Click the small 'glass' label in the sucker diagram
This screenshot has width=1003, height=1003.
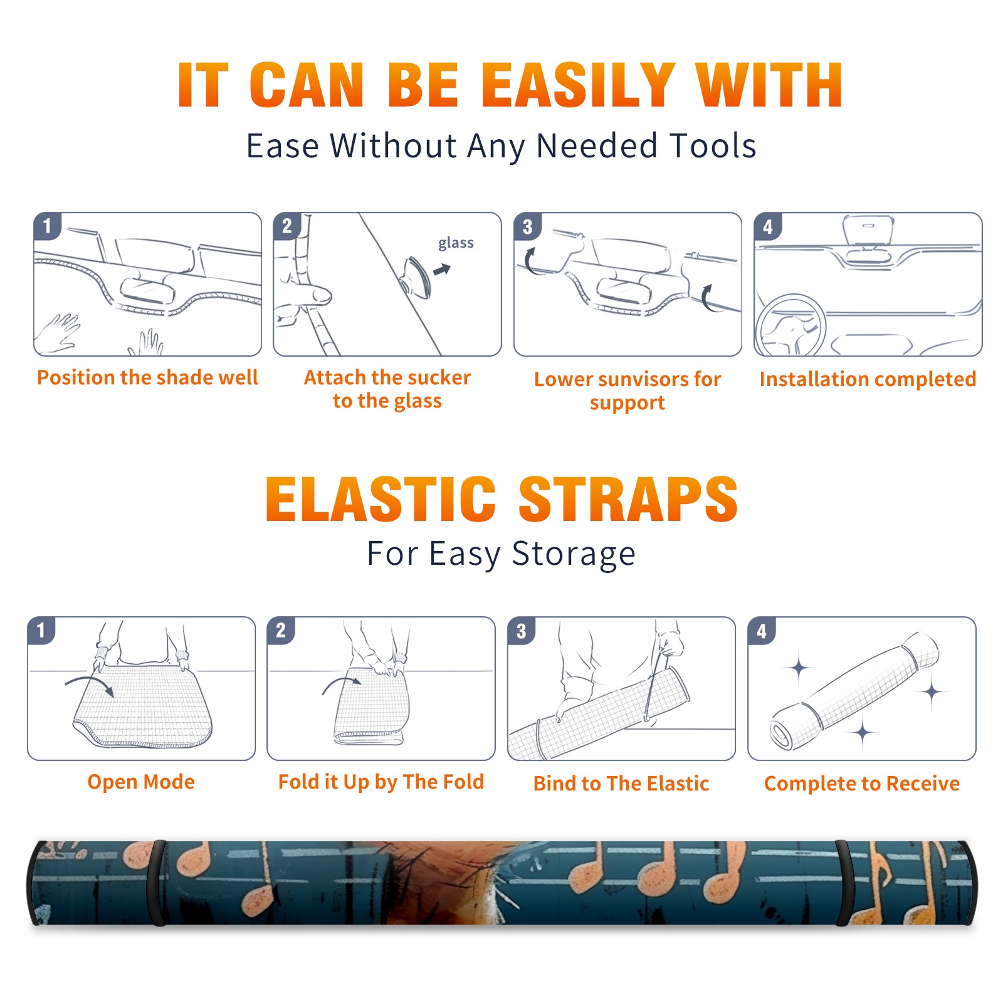click(x=456, y=243)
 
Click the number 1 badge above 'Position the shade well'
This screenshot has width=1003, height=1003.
click(x=48, y=226)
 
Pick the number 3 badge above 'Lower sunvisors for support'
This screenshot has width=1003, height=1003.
click(x=527, y=226)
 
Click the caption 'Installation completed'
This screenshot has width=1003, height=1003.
click(x=868, y=379)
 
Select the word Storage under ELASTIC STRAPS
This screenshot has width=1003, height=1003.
click(x=574, y=554)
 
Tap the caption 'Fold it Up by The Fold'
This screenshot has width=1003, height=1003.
click(x=381, y=782)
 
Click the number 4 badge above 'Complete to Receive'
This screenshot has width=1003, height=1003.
click(x=762, y=631)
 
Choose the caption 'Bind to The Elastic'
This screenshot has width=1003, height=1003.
click(x=621, y=784)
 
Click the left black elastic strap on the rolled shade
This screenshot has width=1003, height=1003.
click(x=156, y=883)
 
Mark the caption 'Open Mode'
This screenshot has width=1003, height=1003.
click(x=141, y=782)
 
